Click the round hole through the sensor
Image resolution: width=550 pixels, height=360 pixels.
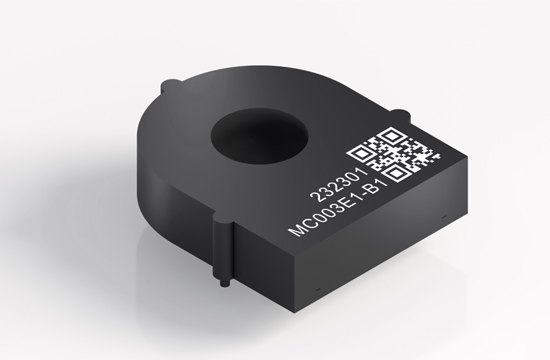click(x=259, y=140)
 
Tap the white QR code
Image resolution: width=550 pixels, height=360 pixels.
click(x=394, y=155)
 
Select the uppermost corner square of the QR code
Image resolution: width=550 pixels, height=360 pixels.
click(x=391, y=135)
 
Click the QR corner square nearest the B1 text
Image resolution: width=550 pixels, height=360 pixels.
click(x=395, y=174)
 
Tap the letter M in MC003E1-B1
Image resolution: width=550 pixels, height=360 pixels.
click(x=297, y=229)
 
